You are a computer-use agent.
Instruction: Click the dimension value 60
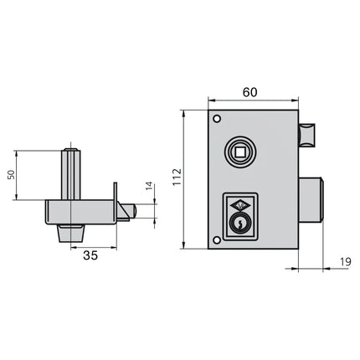[x=249, y=92]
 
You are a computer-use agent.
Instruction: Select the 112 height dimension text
[x=177, y=177]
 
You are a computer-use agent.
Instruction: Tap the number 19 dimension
[x=346, y=262]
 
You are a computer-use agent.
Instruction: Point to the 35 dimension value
[x=90, y=255]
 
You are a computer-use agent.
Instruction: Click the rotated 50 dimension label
[x=11, y=175]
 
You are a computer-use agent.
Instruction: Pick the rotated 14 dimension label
[x=149, y=186]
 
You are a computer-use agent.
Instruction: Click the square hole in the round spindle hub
[x=239, y=152]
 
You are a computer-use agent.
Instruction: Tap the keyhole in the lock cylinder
[x=239, y=224]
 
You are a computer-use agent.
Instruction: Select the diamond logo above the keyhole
[x=239, y=206]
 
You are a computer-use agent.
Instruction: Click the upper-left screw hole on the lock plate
[x=217, y=119]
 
